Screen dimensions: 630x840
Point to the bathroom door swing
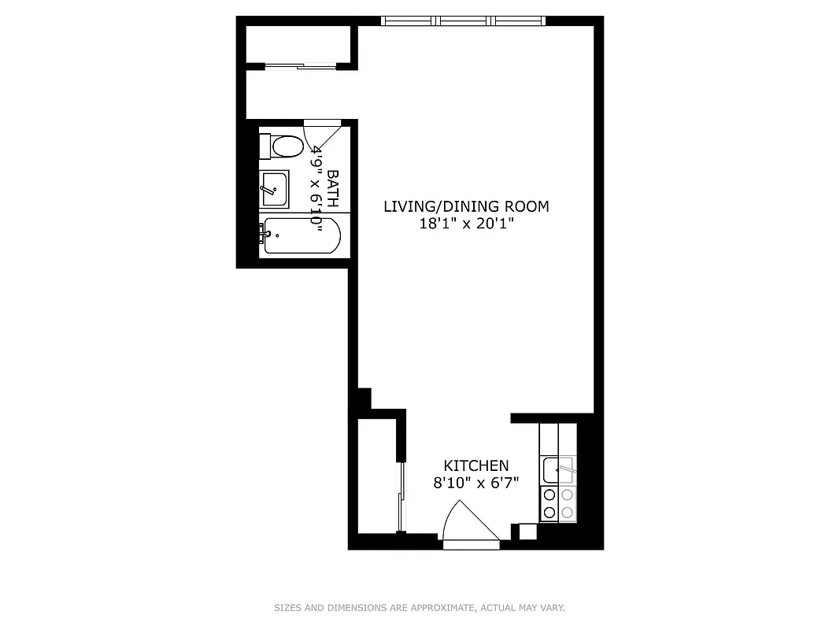[321, 135]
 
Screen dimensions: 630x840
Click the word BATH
[332, 188]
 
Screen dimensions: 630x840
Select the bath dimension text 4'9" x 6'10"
[317, 188]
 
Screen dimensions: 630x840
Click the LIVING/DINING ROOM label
[465, 206]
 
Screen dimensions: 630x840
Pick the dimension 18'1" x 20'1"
[465, 224]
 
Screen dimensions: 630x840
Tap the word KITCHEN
[476, 465]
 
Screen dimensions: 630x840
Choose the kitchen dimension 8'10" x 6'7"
[476, 483]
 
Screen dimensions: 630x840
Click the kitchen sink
[558, 470]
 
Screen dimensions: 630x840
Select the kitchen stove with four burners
[558, 504]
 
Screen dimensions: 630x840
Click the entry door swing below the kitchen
[470, 524]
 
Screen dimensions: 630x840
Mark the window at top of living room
[463, 20]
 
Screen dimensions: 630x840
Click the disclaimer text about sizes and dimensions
[420, 608]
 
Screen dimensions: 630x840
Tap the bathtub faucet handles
[262, 232]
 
